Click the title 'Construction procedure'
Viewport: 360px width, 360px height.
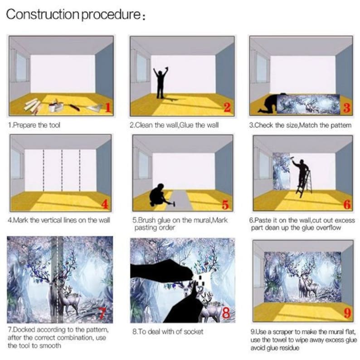(x=73, y=15)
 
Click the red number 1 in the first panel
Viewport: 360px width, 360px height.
(x=108, y=107)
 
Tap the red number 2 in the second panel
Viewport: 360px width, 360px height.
(x=227, y=107)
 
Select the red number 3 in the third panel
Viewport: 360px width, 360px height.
(x=347, y=108)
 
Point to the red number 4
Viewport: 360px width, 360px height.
(x=105, y=204)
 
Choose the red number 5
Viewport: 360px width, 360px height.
(x=225, y=205)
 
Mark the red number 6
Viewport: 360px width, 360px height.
(x=347, y=204)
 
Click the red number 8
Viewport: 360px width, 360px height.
(x=226, y=313)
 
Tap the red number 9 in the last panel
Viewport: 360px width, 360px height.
(x=348, y=313)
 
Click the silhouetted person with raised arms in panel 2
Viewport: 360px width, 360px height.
(x=161, y=83)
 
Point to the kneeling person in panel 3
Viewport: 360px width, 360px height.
(x=271, y=103)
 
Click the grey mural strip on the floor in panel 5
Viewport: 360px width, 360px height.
(x=181, y=200)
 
